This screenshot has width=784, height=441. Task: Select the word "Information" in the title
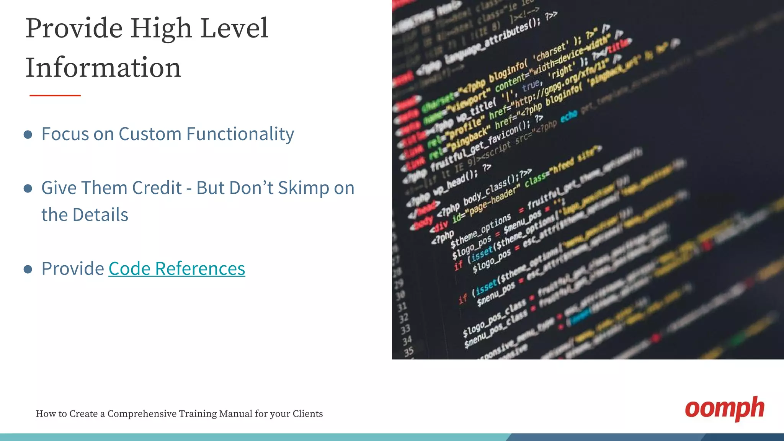click(103, 68)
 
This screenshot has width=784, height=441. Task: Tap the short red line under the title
click(55, 95)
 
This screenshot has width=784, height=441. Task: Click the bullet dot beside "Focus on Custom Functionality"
click(28, 134)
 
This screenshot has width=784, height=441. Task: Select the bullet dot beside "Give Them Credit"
click(28, 188)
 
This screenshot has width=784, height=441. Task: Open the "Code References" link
click(176, 269)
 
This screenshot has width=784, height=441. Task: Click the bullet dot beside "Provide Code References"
click(28, 269)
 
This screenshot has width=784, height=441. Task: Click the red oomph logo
click(724, 408)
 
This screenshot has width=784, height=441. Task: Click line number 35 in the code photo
click(408, 351)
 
